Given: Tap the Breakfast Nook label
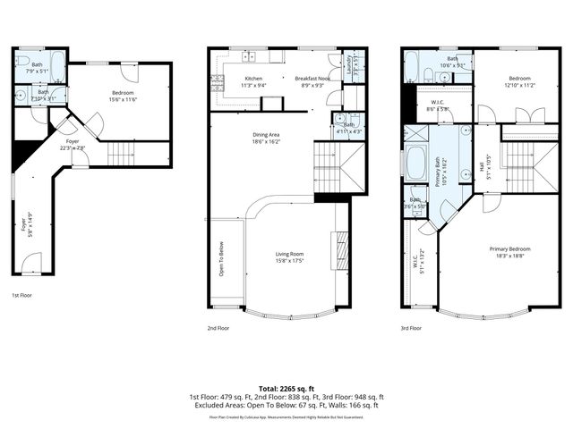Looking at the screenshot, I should click(313, 79).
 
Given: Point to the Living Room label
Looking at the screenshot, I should click(290, 255).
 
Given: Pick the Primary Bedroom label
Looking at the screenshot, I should click(509, 248).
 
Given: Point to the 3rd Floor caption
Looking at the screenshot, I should click(412, 328).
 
